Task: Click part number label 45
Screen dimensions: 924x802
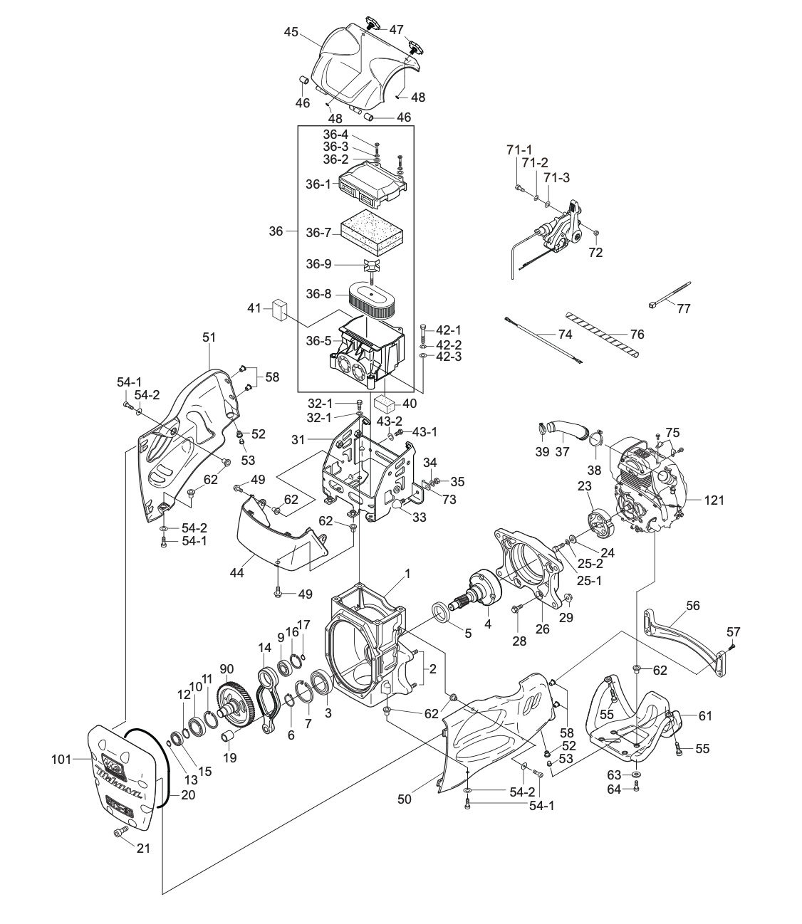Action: click(291, 32)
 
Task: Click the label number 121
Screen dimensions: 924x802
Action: click(712, 500)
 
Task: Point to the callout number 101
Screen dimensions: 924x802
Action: click(62, 760)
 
